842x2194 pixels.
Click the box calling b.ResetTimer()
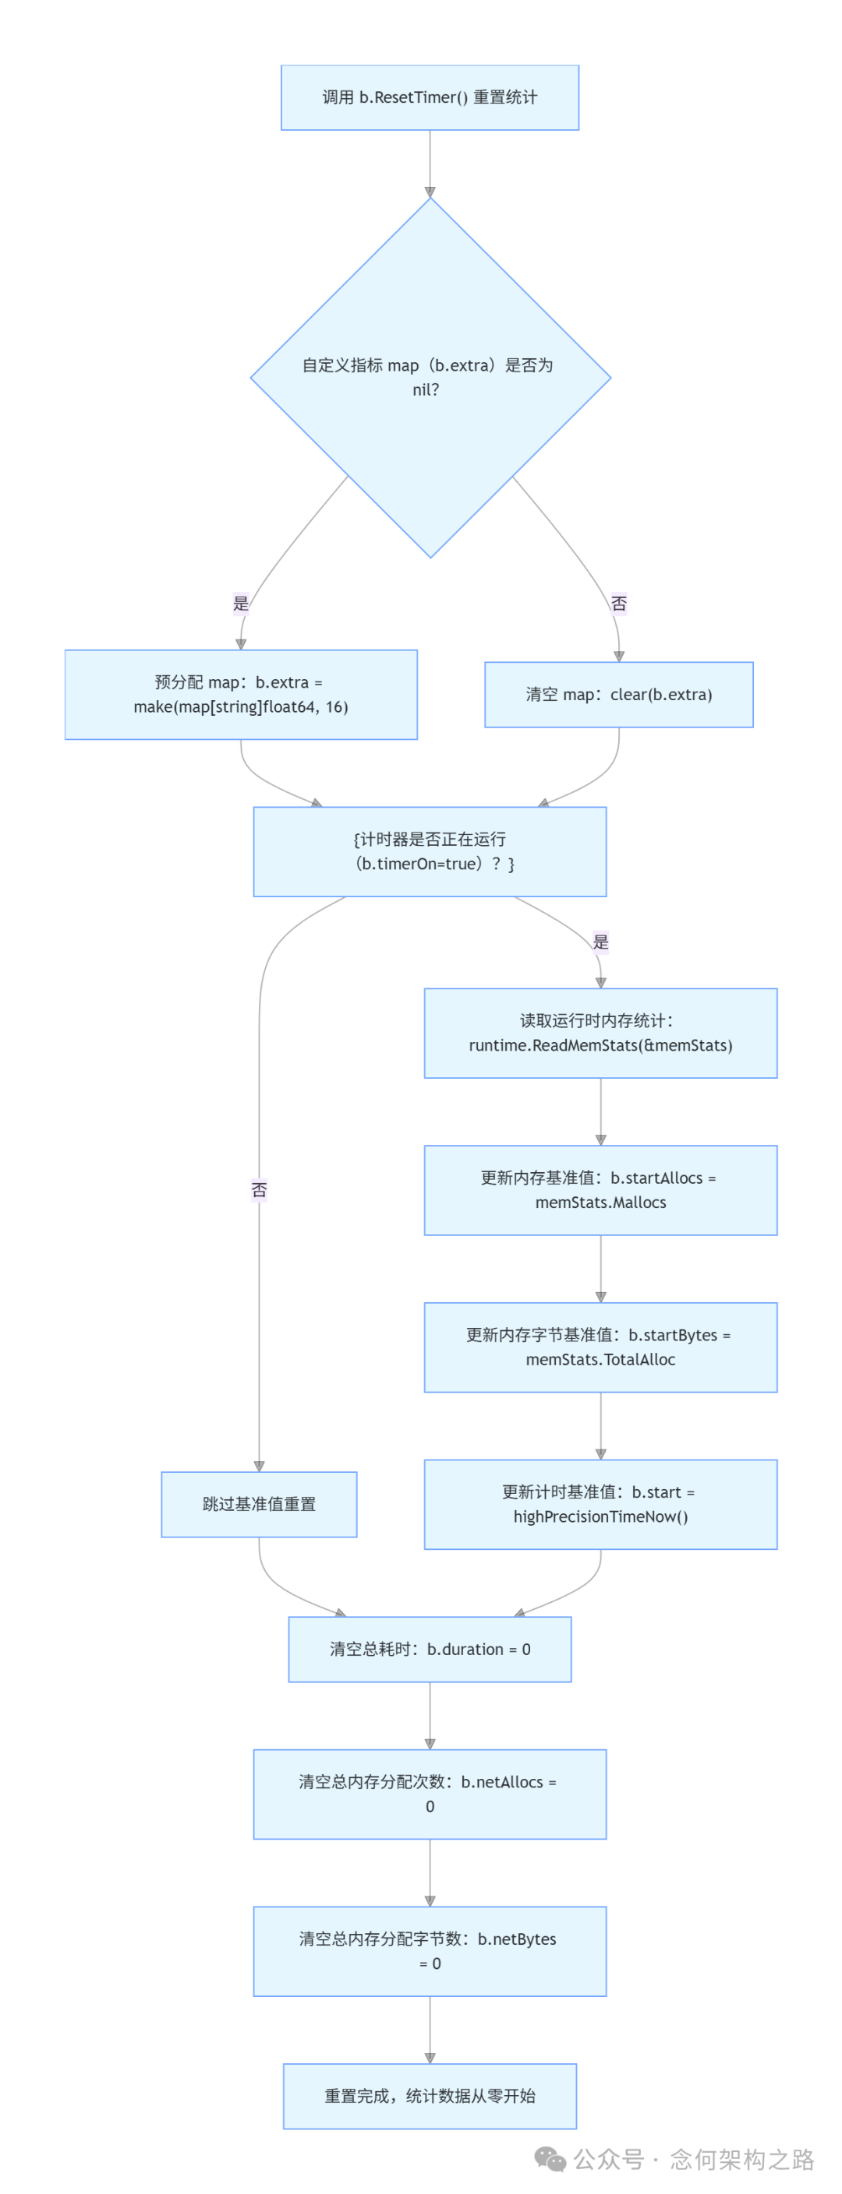pyautogui.click(x=430, y=97)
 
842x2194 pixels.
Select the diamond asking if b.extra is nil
pyautogui.click(x=430, y=377)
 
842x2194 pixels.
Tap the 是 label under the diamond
pyautogui.click(x=241, y=603)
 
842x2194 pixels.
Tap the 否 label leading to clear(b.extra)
pyautogui.click(x=619, y=603)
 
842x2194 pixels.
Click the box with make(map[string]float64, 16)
pyautogui.click(x=241, y=694)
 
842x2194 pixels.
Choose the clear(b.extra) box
pyautogui.click(x=619, y=694)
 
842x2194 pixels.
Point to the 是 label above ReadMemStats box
pyautogui.click(x=601, y=941)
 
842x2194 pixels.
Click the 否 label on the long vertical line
pyautogui.click(x=259, y=1189)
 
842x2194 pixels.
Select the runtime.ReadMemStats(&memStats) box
pyautogui.click(x=601, y=1032)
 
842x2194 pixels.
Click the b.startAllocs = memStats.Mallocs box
pyautogui.click(x=601, y=1190)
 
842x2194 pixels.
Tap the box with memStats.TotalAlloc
pyautogui.click(x=601, y=1347)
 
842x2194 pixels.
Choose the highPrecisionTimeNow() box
pyautogui.click(x=601, y=1504)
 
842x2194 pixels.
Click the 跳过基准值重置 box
pyautogui.click(x=259, y=1504)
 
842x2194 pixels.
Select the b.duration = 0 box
pyautogui.click(x=430, y=1649)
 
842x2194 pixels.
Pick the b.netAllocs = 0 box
pyautogui.click(x=430, y=1794)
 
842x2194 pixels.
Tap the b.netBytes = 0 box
pyautogui.click(x=430, y=1950)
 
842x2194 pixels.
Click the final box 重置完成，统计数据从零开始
pyautogui.click(x=430, y=2095)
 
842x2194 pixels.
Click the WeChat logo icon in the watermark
pyautogui.click(x=550, y=2158)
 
